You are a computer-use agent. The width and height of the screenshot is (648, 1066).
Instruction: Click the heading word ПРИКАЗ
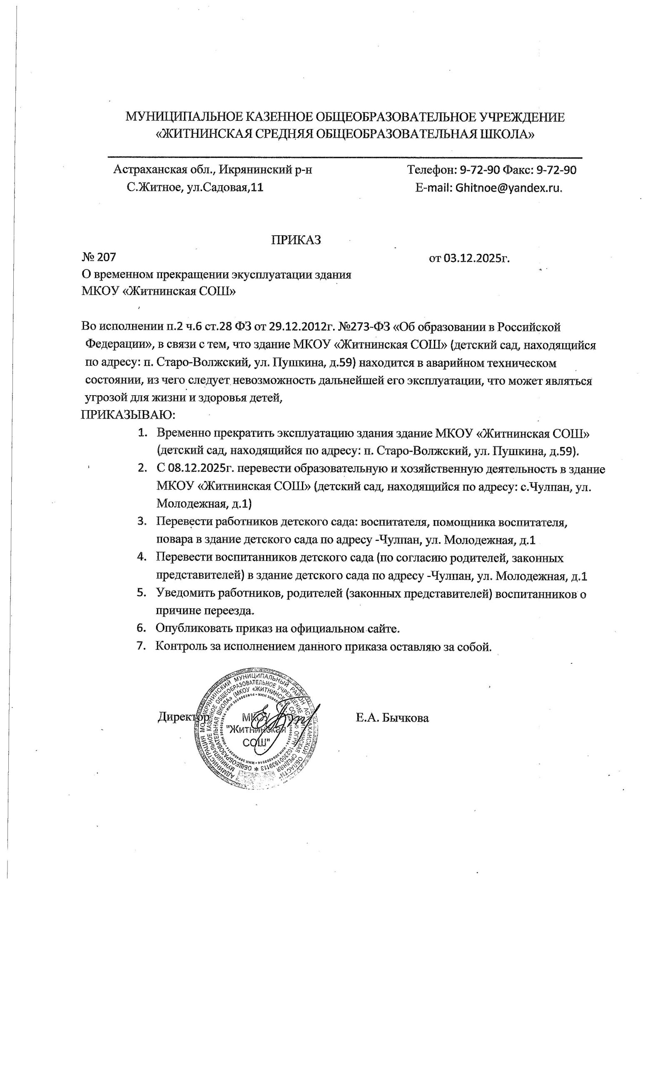(x=296, y=240)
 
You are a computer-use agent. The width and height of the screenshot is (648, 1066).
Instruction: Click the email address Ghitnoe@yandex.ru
(x=508, y=188)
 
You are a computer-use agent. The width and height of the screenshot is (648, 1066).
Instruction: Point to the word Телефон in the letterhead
(x=431, y=170)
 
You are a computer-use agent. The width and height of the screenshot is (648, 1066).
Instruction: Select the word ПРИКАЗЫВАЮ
(x=127, y=415)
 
